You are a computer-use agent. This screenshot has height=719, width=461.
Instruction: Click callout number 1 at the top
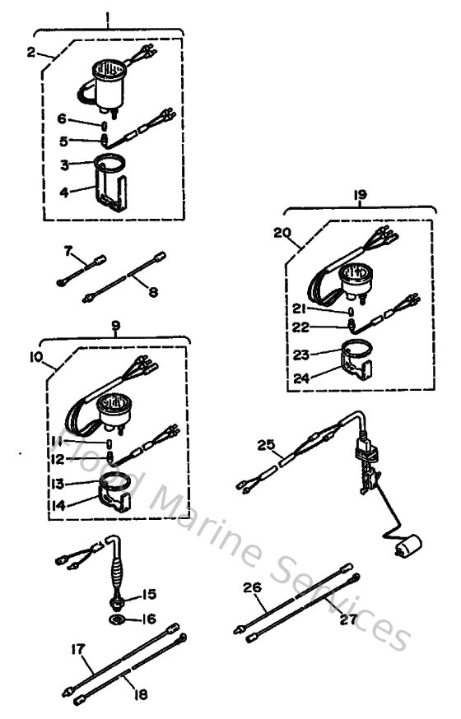(109, 14)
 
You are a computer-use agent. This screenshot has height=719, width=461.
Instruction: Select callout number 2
(31, 52)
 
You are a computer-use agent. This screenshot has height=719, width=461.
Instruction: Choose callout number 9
(115, 326)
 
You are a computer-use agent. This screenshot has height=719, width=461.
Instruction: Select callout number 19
(360, 195)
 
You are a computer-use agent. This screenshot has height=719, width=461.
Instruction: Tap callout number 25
(265, 445)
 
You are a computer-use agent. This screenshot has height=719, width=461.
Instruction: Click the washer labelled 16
(114, 616)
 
